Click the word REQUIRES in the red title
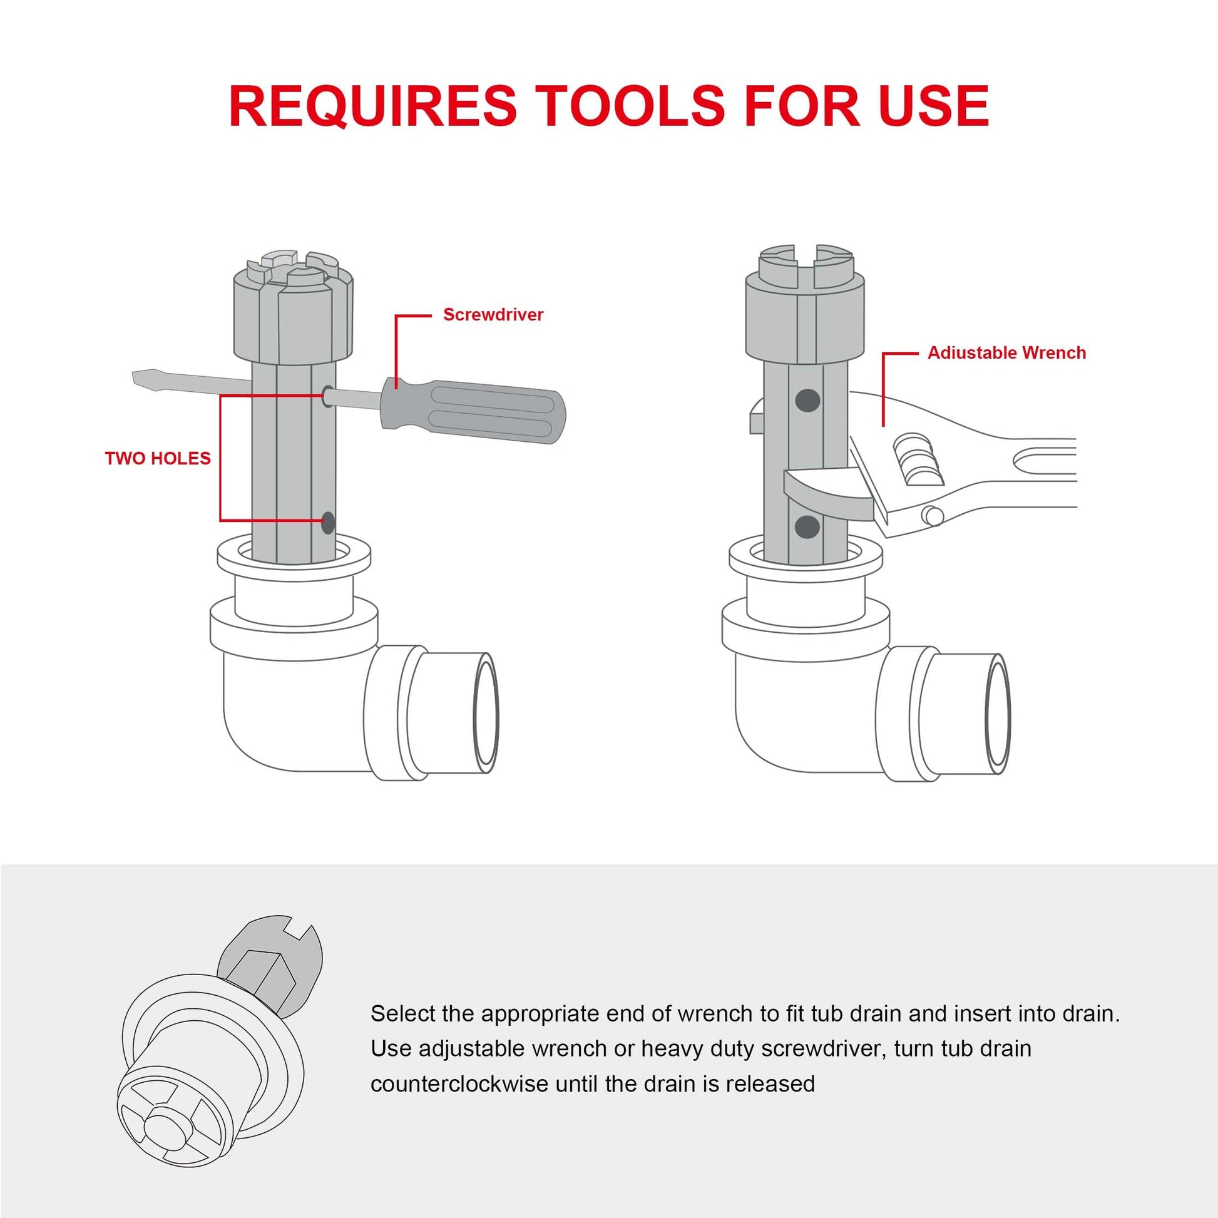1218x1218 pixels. pyautogui.click(x=372, y=105)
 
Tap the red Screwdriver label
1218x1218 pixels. pyautogui.click(x=493, y=315)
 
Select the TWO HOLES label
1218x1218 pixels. pyautogui.click(x=158, y=458)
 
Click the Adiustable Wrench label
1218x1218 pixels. pyautogui.click(x=1006, y=353)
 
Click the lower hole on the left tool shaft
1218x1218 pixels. pyautogui.click(x=328, y=522)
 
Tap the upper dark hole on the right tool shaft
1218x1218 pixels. pyautogui.click(x=807, y=400)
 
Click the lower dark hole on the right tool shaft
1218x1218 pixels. pyautogui.click(x=807, y=526)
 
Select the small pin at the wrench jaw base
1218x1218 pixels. pyautogui.click(x=931, y=515)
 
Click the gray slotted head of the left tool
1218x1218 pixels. pyautogui.click(x=292, y=309)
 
